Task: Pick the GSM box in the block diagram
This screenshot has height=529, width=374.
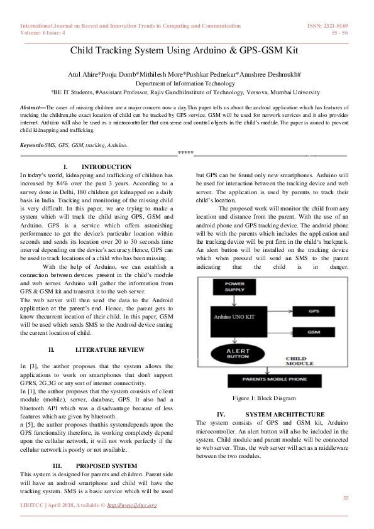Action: coord(314,331)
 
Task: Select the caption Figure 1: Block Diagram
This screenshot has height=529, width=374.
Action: coord(263,398)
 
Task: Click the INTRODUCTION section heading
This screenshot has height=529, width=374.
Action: coord(107,167)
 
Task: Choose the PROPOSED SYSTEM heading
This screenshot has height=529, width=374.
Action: coord(110,466)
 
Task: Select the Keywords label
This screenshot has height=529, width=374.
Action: coord(32,145)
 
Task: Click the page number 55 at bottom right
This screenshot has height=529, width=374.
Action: coord(345,498)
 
